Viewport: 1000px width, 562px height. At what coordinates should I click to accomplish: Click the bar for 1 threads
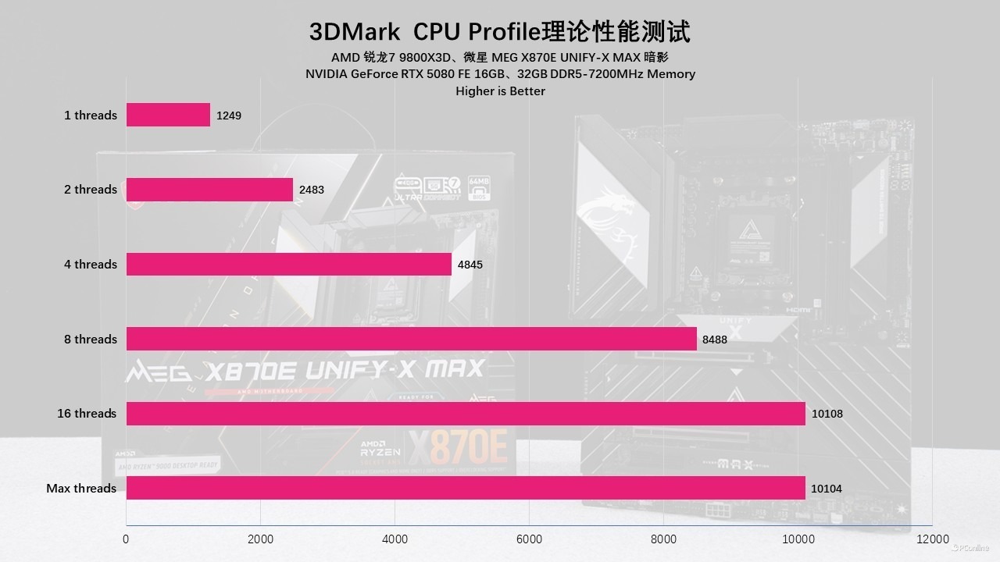[168, 115]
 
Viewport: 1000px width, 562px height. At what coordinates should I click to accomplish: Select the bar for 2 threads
[209, 190]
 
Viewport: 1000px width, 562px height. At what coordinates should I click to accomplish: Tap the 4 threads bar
[288, 264]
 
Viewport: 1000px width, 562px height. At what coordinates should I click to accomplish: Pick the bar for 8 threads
[411, 339]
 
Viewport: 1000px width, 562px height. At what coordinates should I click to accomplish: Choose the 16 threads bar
[466, 414]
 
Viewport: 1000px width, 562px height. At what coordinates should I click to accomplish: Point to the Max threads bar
[466, 488]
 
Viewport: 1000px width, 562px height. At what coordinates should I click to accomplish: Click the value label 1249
[229, 116]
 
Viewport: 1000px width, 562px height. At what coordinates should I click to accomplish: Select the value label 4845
[470, 265]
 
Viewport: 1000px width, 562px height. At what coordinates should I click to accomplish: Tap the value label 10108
[827, 414]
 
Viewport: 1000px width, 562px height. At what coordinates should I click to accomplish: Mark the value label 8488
[715, 340]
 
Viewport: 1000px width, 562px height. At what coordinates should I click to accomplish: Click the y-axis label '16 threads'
[87, 414]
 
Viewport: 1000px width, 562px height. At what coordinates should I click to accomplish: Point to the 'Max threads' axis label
[81, 489]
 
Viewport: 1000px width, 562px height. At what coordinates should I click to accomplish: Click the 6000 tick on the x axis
[529, 539]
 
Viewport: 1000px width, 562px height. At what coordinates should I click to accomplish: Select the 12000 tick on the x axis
[933, 539]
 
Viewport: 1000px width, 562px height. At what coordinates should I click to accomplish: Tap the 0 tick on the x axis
[127, 539]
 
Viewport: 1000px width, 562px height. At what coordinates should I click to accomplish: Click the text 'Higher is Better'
[500, 91]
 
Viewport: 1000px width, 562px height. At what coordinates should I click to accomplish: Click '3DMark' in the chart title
[355, 32]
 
